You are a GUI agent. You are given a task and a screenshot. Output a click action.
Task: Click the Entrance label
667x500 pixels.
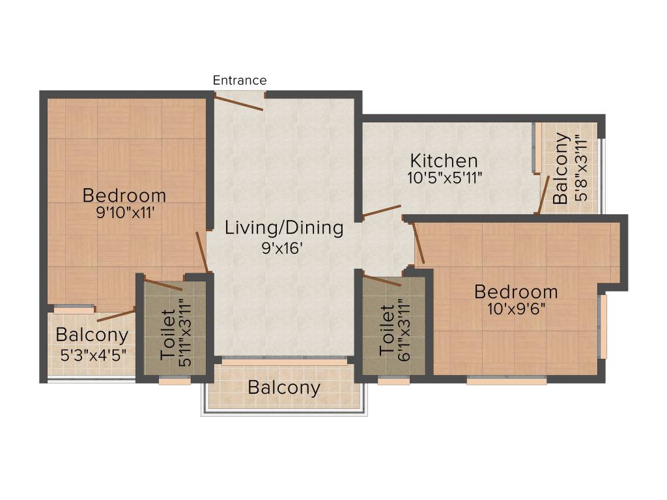coord(240,80)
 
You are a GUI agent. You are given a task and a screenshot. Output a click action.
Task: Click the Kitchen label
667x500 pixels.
coord(444,160)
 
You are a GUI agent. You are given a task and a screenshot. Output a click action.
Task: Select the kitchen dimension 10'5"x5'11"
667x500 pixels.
coord(444,177)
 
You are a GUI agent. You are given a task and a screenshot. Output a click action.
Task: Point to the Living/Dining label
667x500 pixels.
coord(284,228)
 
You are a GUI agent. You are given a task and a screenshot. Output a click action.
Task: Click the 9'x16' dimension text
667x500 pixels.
coord(283,247)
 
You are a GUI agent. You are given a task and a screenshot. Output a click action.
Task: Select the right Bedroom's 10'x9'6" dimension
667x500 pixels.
coord(516,309)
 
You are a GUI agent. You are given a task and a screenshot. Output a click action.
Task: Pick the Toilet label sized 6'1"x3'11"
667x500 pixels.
coord(386,330)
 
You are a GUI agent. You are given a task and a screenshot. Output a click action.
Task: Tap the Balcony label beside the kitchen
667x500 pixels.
coord(561,169)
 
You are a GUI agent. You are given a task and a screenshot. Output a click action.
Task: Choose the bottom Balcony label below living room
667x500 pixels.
coord(284,388)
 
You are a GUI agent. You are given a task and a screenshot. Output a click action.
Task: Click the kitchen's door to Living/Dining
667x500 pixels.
coord(382,210)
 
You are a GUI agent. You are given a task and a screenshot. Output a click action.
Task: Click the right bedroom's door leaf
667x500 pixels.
coord(419,243)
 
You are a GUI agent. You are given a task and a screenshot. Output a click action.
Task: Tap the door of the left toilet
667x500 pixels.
coord(163,285)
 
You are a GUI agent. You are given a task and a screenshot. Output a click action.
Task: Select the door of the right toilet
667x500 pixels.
coord(382,281)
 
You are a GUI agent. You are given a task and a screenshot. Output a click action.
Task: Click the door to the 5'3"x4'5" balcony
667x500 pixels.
coord(115,316)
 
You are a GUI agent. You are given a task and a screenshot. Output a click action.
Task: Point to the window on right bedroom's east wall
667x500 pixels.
coord(603,327)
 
